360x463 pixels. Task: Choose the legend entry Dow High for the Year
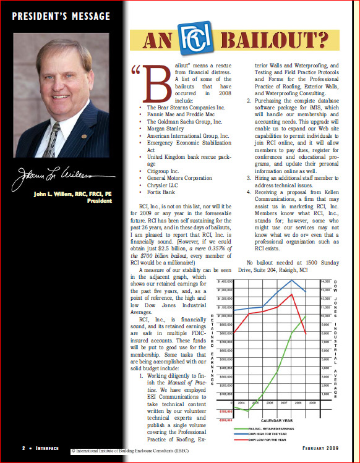coord(267,434)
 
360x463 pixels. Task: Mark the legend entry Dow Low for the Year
coord(267,440)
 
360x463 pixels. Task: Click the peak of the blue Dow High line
coord(291,281)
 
